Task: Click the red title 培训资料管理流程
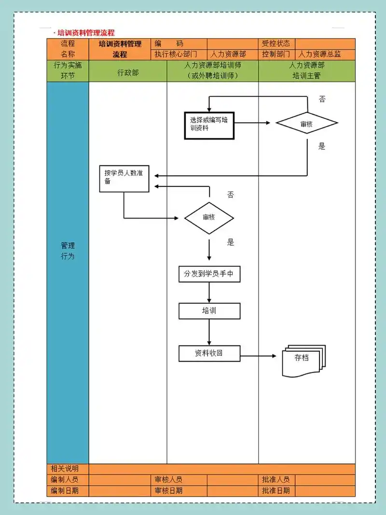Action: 86,33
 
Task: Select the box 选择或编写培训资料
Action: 209,125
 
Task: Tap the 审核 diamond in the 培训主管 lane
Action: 306,124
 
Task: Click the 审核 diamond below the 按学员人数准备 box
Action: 209,217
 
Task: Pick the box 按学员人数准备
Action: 124,178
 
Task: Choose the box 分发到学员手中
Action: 209,274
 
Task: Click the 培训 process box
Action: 209,310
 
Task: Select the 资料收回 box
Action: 209,353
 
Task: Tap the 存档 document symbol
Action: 303,360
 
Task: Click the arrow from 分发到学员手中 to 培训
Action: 209,292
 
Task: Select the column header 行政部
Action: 128,72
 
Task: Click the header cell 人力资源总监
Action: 320,54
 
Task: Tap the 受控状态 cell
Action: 276,43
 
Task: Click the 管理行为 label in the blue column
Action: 68,251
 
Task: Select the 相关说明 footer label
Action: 65,469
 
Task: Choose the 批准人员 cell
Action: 276,480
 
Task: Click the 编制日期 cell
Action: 65,491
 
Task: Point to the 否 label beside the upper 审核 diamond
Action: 322,99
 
